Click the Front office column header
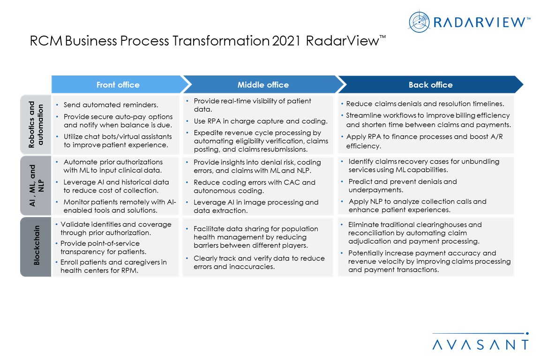point(118,85)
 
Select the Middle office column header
point(263,85)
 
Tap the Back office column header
point(430,85)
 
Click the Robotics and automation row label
point(36,124)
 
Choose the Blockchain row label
point(37,245)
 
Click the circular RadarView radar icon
point(419,22)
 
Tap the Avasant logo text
point(480,345)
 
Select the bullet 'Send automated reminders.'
point(111,105)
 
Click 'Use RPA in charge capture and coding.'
point(261,121)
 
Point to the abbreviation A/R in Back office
point(496,137)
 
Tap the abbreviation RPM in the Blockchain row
point(129,271)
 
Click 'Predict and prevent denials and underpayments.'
point(403,186)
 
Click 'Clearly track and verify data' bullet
point(259,262)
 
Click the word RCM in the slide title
point(46,41)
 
